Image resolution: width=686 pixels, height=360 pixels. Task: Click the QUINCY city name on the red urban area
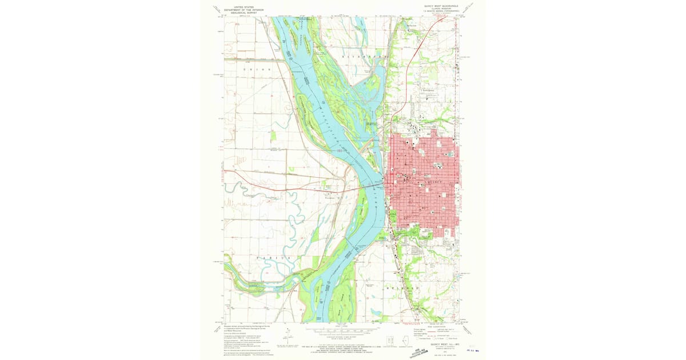pos(433,182)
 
